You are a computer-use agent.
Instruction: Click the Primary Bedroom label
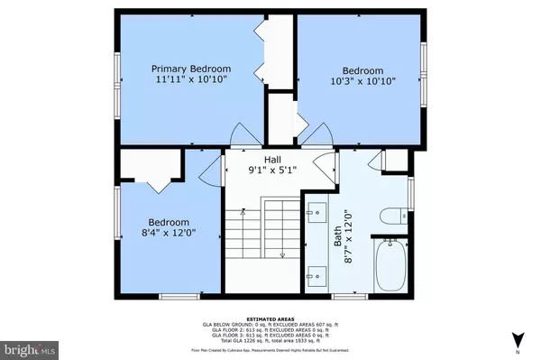[x=190, y=69]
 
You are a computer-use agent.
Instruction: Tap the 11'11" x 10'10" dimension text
[x=190, y=80]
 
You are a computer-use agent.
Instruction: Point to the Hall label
[x=270, y=160]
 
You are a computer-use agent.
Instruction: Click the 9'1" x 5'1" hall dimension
[x=270, y=171]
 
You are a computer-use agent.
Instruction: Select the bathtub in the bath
[x=392, y=264]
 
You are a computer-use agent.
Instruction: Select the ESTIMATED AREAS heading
[x=270, y=315]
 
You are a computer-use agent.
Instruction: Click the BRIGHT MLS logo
[x=29, y=347]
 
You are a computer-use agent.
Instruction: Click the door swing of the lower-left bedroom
[x=209, y=166]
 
